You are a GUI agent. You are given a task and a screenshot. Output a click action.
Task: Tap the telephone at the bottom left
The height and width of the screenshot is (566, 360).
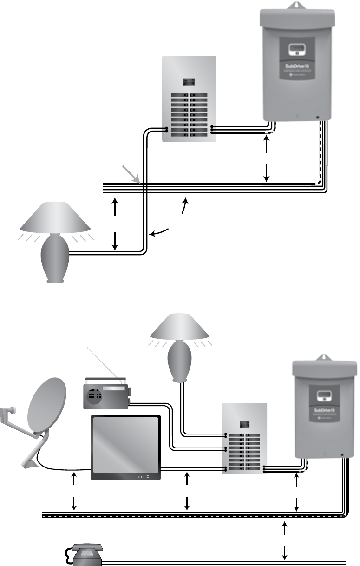coord(87,555)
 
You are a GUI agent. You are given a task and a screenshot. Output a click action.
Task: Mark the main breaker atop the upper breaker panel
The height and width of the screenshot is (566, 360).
coord(189,82)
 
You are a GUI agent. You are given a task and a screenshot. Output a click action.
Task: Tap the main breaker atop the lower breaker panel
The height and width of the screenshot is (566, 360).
coord(245,424)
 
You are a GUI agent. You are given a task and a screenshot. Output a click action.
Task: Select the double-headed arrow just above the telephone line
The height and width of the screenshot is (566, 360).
coord(285,541)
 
